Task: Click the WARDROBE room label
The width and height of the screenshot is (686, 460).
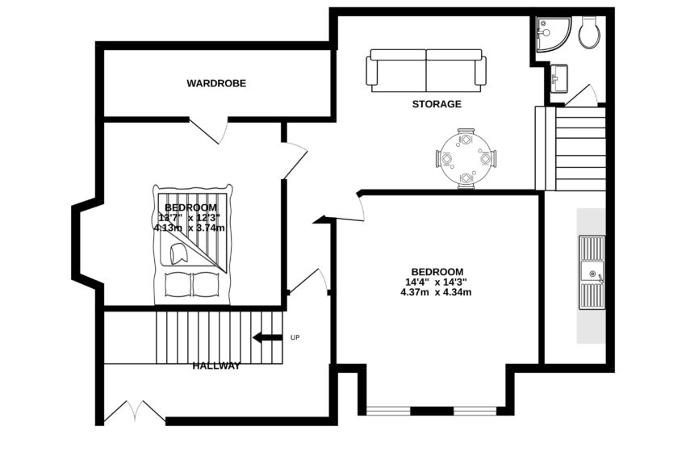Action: click(216, 83)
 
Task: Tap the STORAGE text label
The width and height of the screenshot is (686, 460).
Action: click(437, 104)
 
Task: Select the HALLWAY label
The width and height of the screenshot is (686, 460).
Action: click(216, 366)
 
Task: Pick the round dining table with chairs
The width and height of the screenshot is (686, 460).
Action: click(466, 158)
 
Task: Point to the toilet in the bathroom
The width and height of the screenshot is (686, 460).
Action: click(588, 32)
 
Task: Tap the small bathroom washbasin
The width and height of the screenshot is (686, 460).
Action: click(559, 78)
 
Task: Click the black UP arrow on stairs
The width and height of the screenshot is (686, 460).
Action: click(267, 337)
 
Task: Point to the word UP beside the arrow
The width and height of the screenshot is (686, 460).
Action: click(295, 337)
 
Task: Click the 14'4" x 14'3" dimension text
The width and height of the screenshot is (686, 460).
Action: click(437, 282)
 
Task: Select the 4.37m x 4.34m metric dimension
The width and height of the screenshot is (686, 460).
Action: click(436, 292)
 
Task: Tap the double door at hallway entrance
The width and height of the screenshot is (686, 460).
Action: click(134, 413)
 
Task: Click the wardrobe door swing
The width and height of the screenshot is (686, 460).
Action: click(208, 131)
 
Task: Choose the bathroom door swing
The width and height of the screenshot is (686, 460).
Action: click(581, 97)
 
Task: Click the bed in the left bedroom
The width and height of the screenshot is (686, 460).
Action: click(192, 245)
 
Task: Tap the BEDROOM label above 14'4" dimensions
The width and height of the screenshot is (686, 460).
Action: click(437, 271)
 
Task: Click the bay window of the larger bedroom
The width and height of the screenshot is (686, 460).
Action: click(432, 411)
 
